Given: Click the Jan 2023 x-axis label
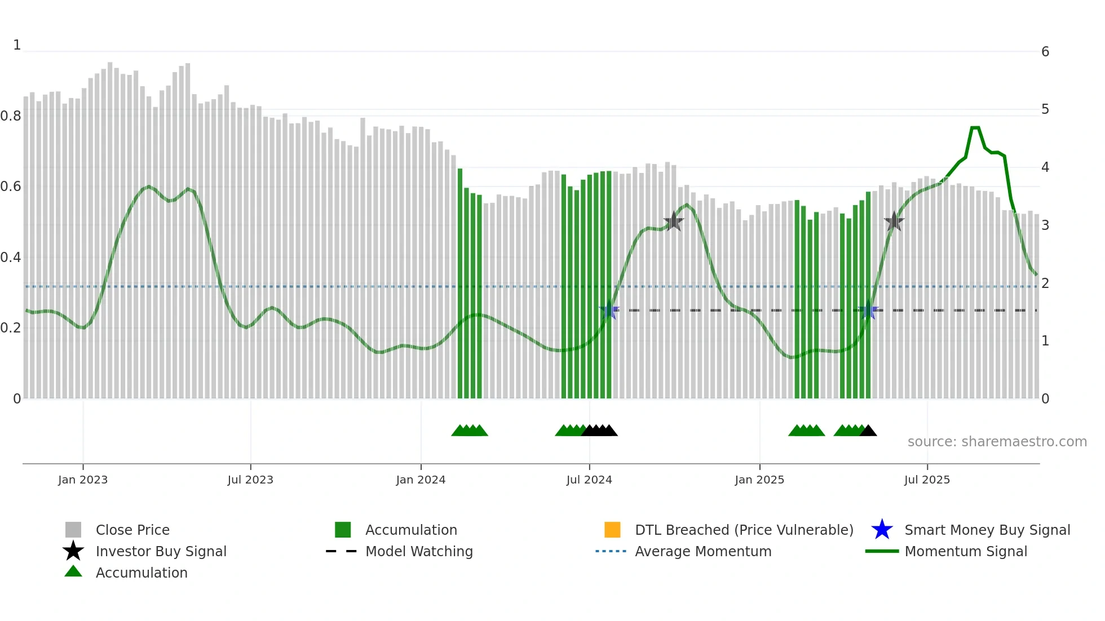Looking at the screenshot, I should pyautogui.click(x=82, y=480).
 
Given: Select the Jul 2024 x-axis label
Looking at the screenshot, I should pyautogui.click(x=589, y=480).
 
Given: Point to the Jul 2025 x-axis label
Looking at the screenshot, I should pyautogui.click(x=927, y=480).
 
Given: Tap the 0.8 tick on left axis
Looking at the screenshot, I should pyautogui.click(x=11, y=116).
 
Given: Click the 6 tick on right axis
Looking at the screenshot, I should pyautogui.click(x=1045, y=52).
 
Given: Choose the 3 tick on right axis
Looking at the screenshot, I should pyautogui.click(x=1045, y=225).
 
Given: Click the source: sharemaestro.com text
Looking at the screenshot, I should pyautogui.click(x=997, y=442).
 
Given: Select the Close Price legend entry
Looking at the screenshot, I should pyautogui.click(x=132, y=530).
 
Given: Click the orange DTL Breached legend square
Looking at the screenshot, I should pyautogui.click(x=612, y=530).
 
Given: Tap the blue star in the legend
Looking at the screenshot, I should pyautogui.click(x=882, y=530).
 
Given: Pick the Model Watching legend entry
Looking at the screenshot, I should pyautogui.click(x=419, y=551).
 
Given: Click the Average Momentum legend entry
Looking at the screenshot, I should pyautogui.click(x=702, y=551).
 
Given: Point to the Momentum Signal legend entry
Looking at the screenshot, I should pyautogui.click(x=965, y=551).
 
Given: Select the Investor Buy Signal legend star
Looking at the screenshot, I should pyautogui.click(x=73, y=551).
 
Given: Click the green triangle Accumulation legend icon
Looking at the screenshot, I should pyautogui.click(x=73, y=571).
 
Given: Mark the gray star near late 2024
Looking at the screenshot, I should pyautogui.click(x=673, y=221).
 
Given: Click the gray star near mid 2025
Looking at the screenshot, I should pyautogui.click(x=894, y=221).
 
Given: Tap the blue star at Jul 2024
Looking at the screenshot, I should pyautogui.click(x=609, y=310).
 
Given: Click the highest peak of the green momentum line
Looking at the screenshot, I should pyautogui.click(x=975, y=128).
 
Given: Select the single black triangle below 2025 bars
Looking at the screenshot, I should pyautogui.click(x=868, y=431).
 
